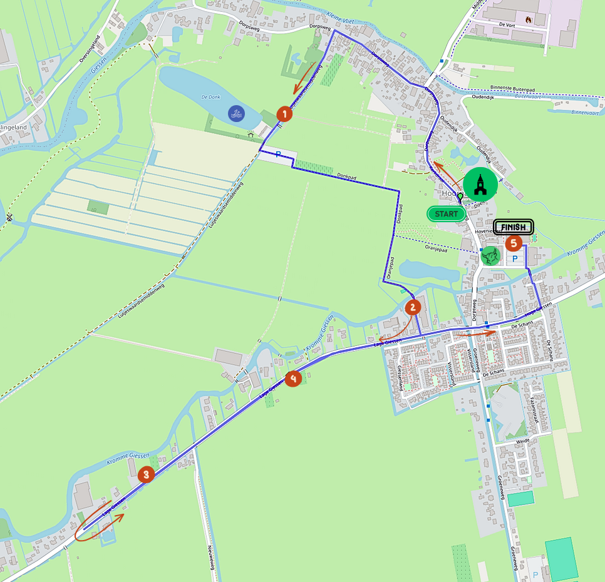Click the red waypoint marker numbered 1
click(x=284, y=114)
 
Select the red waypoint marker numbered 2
click(x=413, y=307)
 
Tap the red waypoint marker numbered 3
click(x=146, y=474)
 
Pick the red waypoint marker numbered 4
click(x=293, y=378)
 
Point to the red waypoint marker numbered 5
click(x=514, y=242)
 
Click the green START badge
click(x=447, y=214)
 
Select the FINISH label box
click(x=513, y=227)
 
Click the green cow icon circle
click(x=490, y=255)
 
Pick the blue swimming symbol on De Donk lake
click(x=236, y=114)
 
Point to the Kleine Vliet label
click(x=340, y=21)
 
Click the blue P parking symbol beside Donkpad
click(x=277, y=154)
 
